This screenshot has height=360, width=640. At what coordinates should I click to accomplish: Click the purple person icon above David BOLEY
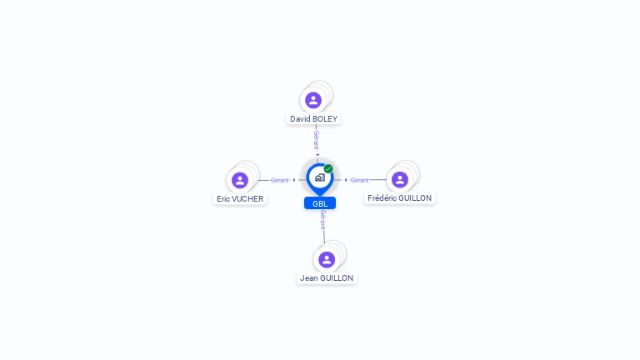[313, 100]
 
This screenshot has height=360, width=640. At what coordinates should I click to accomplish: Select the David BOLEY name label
[313, 119]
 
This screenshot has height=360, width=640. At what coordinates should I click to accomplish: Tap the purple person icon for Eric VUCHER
[240, 180]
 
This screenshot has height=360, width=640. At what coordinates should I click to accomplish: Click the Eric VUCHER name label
[240, 199]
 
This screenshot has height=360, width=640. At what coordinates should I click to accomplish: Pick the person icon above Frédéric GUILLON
[400, 179]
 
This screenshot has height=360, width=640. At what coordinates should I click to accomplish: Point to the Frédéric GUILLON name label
[400, 198]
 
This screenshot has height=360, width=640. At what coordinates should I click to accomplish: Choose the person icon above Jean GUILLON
[327, 259]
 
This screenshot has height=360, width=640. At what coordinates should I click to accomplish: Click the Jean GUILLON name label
[327, 278]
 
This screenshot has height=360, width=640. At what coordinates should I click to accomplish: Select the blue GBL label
[320, 203]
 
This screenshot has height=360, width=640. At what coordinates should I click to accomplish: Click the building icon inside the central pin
[319, 177]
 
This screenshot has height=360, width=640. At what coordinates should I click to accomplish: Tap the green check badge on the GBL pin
[328, 169]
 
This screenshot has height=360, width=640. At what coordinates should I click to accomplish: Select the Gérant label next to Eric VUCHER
[279, 180]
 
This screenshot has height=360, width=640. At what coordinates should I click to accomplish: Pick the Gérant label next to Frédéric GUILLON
[359, 180]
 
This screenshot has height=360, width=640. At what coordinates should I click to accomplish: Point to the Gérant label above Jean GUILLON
[322, 220]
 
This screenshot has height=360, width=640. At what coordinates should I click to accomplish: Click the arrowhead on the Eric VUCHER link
[294, 180]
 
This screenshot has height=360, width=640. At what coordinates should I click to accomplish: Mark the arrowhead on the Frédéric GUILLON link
[345, 180]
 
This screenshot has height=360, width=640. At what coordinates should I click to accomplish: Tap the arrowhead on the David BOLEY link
[317, 155]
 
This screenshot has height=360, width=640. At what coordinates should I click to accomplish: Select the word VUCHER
[248, 199]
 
